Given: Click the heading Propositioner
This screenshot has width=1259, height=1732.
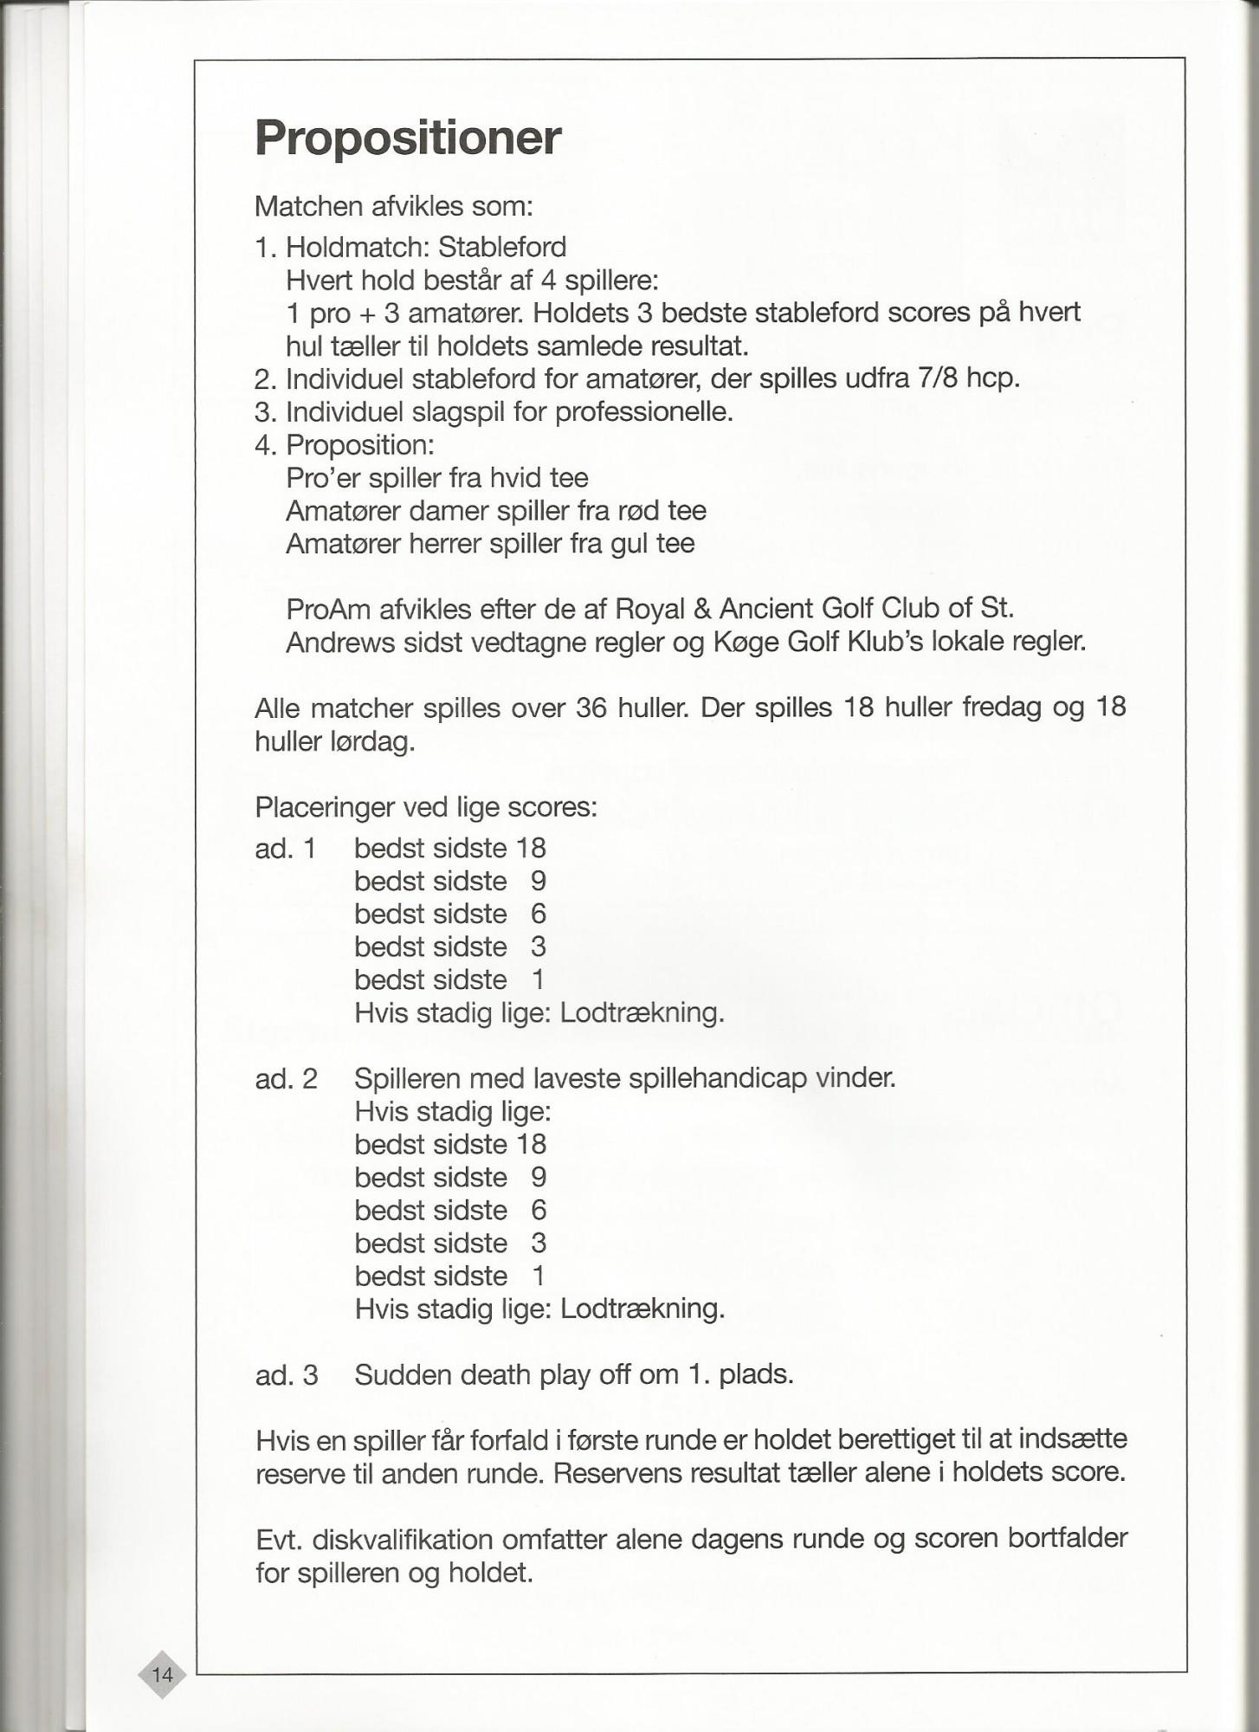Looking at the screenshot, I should click(x=408, y=138).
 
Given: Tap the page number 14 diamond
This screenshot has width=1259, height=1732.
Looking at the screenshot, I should click(x=163, y=1675).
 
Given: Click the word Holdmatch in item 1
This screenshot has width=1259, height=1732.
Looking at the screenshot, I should click(x=358, y=248).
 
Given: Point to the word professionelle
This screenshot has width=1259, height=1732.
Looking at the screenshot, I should click(x=643, y=412).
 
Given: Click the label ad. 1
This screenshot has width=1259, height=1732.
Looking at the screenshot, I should click(x=285, y=849).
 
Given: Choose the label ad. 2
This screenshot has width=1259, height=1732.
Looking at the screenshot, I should click(x=286, y=1079).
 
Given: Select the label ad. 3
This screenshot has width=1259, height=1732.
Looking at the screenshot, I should click(x=287, y=1375).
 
